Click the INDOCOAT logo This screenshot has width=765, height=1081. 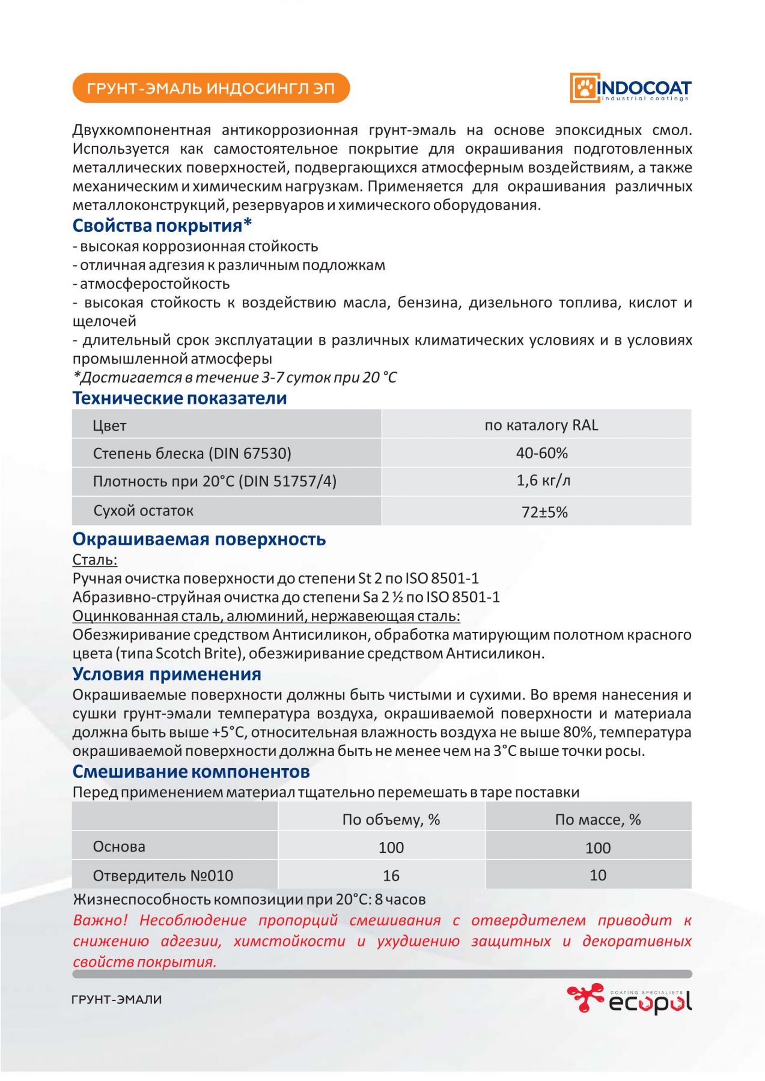pos(630,88)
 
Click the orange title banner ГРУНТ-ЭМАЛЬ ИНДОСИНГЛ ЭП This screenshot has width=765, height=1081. pos(211,88)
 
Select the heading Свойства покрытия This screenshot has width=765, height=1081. pos(162,226)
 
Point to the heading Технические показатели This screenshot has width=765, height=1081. pos(180,398)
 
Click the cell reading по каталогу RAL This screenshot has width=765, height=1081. pos(541,425)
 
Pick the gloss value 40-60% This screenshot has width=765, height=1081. pos(541,453)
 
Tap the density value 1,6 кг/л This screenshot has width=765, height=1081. pos(543,480)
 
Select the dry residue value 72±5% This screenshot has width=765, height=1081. pos(544,512)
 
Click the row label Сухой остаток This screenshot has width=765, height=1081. pos(143,510)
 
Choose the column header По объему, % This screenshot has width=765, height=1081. pos(391,819)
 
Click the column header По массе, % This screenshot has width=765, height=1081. pos(598,819)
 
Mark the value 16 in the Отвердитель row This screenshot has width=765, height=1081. pos(391,876)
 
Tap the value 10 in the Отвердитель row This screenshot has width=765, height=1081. pos(598,875)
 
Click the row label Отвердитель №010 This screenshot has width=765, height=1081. pos(163,876)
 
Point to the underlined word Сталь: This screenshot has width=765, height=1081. pos(95,560)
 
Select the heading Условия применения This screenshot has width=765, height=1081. pos(167,674)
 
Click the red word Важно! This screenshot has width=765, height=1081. pos(100,920)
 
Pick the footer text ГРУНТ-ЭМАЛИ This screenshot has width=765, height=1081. pos(117,1000)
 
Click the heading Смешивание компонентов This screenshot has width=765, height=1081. pos(191,772)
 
